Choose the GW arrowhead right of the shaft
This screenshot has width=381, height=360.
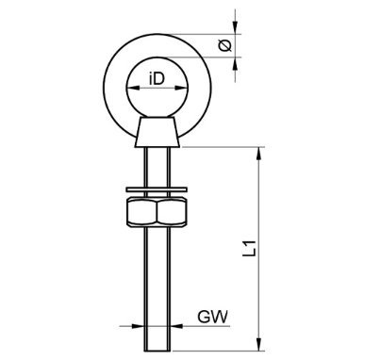pyautogui.click(x=173, y=328)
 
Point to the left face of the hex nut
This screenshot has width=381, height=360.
pyautogui.click(x=131, y=214)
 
